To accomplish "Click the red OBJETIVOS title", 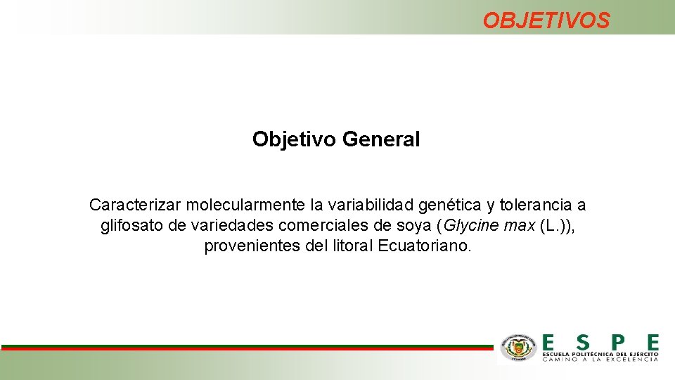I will click(x=546, y=20).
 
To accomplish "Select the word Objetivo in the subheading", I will click(x=295, y=139).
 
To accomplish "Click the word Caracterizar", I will click(x=135, y=205).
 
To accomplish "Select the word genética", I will click(x=450, y=205).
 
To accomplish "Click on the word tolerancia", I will click(x=537, y=205).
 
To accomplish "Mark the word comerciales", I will click(x=322, y=226).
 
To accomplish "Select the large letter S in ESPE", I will click(x=582, y=343).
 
